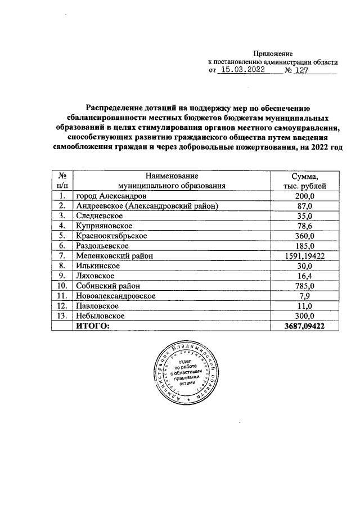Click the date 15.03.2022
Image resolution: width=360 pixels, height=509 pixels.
click(x=243, y=71)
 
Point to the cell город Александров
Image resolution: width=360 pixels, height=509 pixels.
click(x=112, y=196)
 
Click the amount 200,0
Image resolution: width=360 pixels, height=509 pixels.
click(x=305, y=196)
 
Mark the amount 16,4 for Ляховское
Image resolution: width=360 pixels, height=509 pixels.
click(x=305, y=276)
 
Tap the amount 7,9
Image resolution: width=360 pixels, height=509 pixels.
click(x=305, y=296)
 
